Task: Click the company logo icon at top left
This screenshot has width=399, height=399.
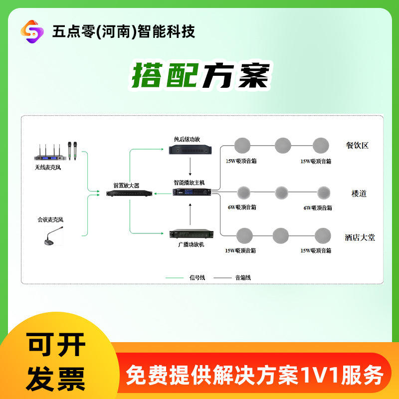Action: tap(32, 31)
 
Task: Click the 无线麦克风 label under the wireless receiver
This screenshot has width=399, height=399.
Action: tap(48, 168)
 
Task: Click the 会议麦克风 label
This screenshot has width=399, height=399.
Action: tap(50, 219)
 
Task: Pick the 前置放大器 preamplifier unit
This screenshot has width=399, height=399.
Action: tap(129, 193)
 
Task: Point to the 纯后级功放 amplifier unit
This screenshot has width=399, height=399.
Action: tap(191, 150)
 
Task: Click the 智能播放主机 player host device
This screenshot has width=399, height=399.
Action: tap(192, 192)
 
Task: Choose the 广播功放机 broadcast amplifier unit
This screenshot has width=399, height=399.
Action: tap(192, 233)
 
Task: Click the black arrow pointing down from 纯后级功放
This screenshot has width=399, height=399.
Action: tap(190, 167)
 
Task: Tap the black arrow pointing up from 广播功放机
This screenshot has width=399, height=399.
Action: tap(190, 214)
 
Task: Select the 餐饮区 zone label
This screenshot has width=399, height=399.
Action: tap(357, 146)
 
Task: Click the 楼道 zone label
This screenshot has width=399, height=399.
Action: tap(359, 194)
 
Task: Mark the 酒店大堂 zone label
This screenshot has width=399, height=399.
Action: tap(360, 237)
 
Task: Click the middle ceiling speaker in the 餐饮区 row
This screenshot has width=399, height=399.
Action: tap(283, 146)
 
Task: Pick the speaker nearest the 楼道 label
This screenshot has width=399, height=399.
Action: tap(324, 193)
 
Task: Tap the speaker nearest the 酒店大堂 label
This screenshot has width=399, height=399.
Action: tap(323, 235)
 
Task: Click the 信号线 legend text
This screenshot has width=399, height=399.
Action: tap(197, 278)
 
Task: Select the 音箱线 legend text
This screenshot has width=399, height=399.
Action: tap(243, 278)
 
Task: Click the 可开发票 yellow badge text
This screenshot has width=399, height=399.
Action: tap(56, 362)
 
